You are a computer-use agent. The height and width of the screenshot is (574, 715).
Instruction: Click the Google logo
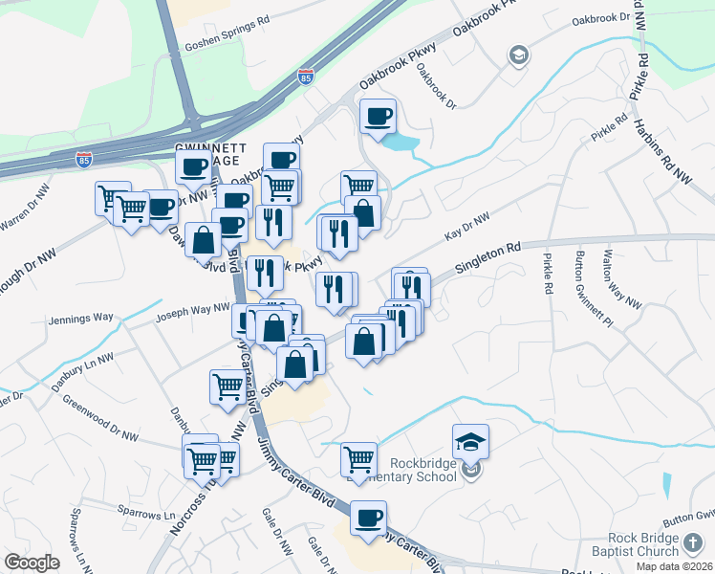[32, 563]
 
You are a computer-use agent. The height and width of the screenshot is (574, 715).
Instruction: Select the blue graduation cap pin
[470, 441]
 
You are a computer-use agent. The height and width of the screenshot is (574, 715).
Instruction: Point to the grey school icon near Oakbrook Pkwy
[518, 55]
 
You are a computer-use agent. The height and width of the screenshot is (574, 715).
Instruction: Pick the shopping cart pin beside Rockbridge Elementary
[358, 458]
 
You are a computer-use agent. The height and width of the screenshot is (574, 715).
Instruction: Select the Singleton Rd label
[487, 258]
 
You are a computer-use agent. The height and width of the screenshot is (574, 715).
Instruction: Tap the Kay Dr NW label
[466, 228]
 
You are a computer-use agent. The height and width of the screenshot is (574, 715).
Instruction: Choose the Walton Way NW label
[621, 278]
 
